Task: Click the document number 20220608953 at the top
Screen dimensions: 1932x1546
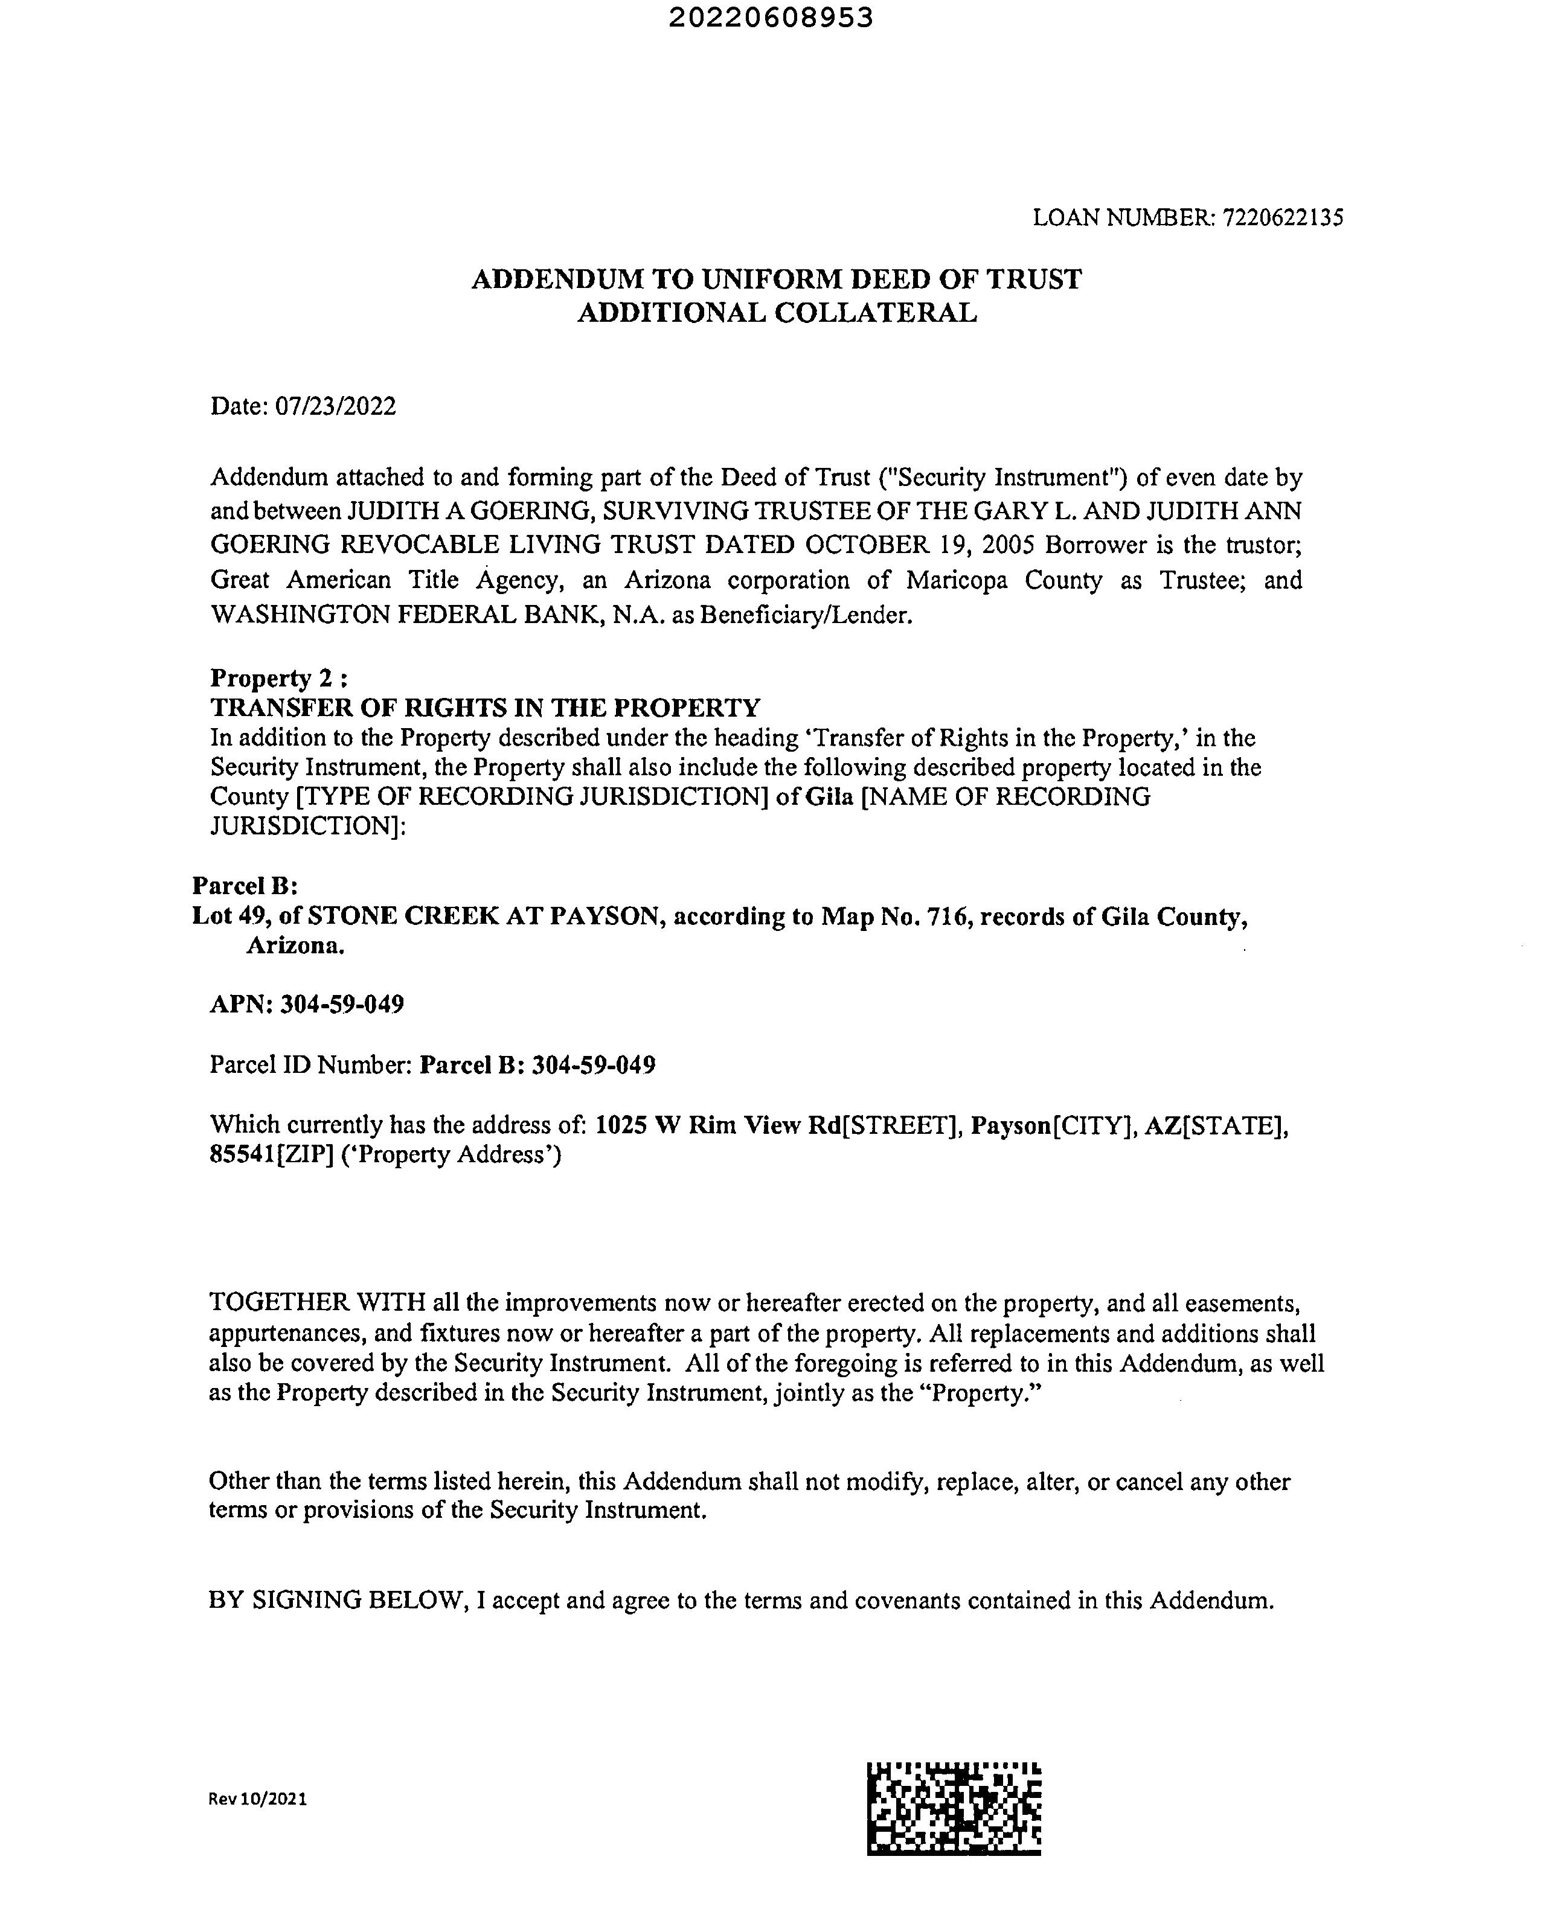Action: point(771,18)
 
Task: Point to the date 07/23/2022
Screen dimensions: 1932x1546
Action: point(335,407)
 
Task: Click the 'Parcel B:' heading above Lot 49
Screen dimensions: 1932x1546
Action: point(245,885)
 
